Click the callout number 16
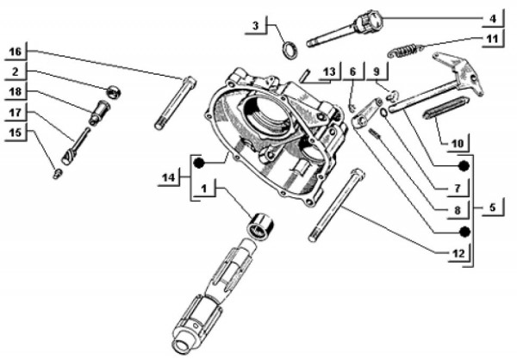16,53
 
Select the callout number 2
16,71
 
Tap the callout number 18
16,92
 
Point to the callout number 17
16,112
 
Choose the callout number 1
203,188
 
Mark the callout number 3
256,27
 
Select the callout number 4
493,17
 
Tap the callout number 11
491,39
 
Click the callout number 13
328,71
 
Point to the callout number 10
458,140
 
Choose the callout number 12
458,252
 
